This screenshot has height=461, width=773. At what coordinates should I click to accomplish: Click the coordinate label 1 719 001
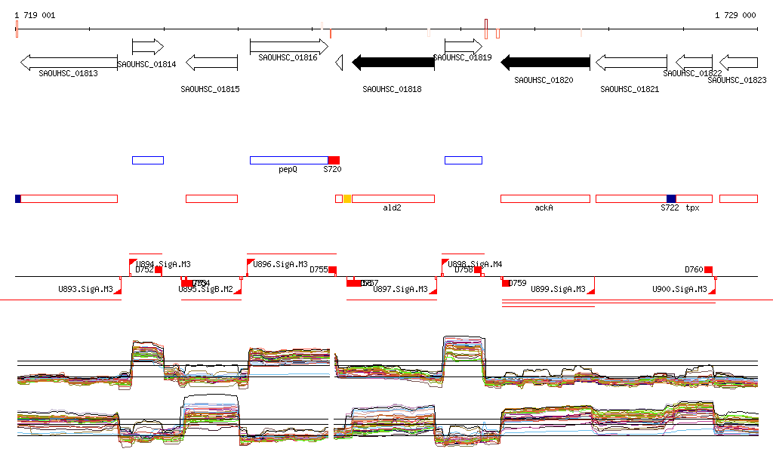(x=35, y=15)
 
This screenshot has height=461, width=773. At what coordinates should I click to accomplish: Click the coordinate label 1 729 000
(x=735, y=15)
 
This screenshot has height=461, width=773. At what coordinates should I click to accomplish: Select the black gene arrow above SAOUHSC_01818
(x=393, y=63)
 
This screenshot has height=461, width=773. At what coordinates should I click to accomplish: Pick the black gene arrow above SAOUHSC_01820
(x=545, y=63)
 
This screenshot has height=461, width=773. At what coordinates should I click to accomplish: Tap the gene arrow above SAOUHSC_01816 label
(x=288, y=47)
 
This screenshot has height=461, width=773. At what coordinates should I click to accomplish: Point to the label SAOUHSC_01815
(x=210, y=89)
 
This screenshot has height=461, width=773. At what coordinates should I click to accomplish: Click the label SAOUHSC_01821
(x=630, y=89)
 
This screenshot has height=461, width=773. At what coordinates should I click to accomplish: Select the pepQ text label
(x=288, y=170)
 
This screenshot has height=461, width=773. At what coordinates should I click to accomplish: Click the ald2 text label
(x=392, y=207)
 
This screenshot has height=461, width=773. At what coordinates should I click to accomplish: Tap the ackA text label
(x=544, y=207)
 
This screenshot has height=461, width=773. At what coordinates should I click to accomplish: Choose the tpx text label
(x=692, y=207)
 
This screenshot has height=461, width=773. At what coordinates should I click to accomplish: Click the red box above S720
(x=334, y=160)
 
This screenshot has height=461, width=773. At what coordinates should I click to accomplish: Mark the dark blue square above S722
(x=671, y=198)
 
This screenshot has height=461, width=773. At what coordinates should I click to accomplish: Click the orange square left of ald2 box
(x=347, y=198)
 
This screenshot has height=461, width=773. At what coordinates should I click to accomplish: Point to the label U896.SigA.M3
(x=281, y=264)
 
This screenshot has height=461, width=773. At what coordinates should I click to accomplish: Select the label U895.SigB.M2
(x=205, y=289)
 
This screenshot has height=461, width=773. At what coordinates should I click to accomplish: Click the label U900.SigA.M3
(x=679, y=289)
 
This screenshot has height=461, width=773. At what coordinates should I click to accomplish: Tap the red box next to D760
(x=708, y=270)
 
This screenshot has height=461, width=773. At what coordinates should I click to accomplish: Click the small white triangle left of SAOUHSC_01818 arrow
(x=340, y=63)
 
